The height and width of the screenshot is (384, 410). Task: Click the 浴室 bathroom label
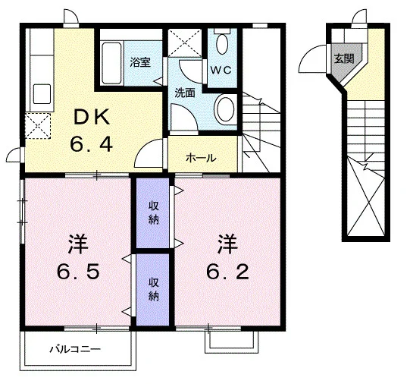coord(140,62)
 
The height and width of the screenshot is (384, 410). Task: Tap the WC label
coord(221,70)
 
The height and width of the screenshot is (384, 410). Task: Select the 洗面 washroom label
coord(185,93)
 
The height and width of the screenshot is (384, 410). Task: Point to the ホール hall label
coord(201,158)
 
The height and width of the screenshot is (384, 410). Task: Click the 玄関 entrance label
coord(344,58)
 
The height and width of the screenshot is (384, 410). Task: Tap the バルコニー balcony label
coord(75,349)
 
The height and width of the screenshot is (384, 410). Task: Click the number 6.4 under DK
coord(91,145)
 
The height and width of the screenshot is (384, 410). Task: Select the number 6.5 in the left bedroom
coord(78,272)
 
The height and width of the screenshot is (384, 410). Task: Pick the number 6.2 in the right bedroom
coord(227,272)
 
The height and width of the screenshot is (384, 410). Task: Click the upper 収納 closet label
coord(154,213)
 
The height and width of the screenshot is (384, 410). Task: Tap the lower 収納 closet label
coord(154,289)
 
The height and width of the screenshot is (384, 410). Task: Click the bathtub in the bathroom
coord(111,64)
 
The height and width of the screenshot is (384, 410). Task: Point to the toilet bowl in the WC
coord(222,44)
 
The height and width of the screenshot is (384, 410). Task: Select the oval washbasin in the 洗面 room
coord(224,108)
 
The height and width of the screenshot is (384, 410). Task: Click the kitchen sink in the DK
coord(42,93)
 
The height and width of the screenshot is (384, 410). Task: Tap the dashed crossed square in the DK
coord(38,126)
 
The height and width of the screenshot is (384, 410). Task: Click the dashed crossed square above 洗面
coord(185,42)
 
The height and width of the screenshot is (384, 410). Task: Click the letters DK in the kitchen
coord(91,118)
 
